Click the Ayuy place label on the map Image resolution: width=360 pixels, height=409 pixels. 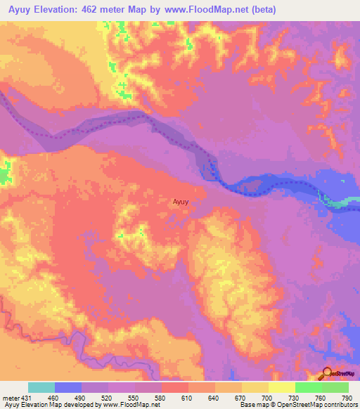tap(181, 202)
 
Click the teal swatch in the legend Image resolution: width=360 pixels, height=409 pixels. tap(41, 387)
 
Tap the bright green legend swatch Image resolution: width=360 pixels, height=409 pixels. tap(308, 387)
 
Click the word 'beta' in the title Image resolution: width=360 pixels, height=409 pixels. tap(264, 10)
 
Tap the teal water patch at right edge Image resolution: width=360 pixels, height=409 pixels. tap(340, 202)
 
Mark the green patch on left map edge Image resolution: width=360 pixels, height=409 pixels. tap(6, 171)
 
